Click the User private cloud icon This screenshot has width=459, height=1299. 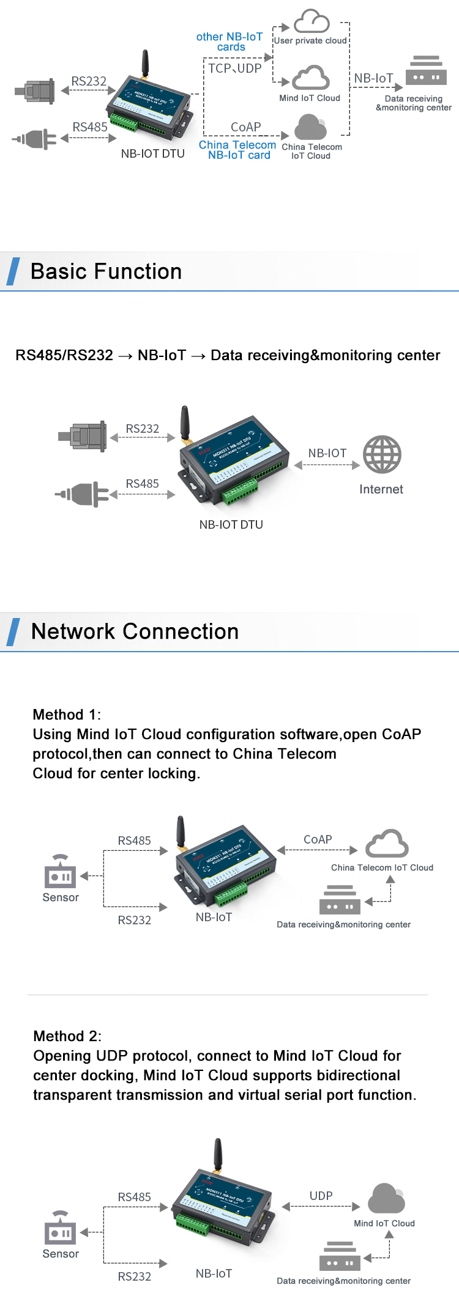coord(312,21)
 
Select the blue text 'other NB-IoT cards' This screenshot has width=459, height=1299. coord(229,42)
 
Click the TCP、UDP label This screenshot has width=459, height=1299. coord(234,68)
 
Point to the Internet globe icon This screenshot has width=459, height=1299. coord(382,454)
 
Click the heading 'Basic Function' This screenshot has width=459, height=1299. coord(106,271)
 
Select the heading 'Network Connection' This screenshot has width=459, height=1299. coord(135,631)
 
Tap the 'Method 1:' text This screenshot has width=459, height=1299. coord(67,715)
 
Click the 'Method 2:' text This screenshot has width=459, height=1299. coord(67,1036)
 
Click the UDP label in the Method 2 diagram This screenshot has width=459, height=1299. coord(321,1196)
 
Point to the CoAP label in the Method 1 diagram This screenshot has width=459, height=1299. coord(318,839)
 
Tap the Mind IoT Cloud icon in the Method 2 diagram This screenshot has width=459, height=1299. coord(386,1199)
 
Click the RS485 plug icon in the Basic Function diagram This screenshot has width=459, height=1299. coord(83,494)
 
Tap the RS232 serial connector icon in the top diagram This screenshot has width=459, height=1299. coord(35,92)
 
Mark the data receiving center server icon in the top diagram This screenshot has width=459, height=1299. coord(426,70)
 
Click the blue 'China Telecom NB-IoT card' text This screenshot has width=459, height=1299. coord(237,150)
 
